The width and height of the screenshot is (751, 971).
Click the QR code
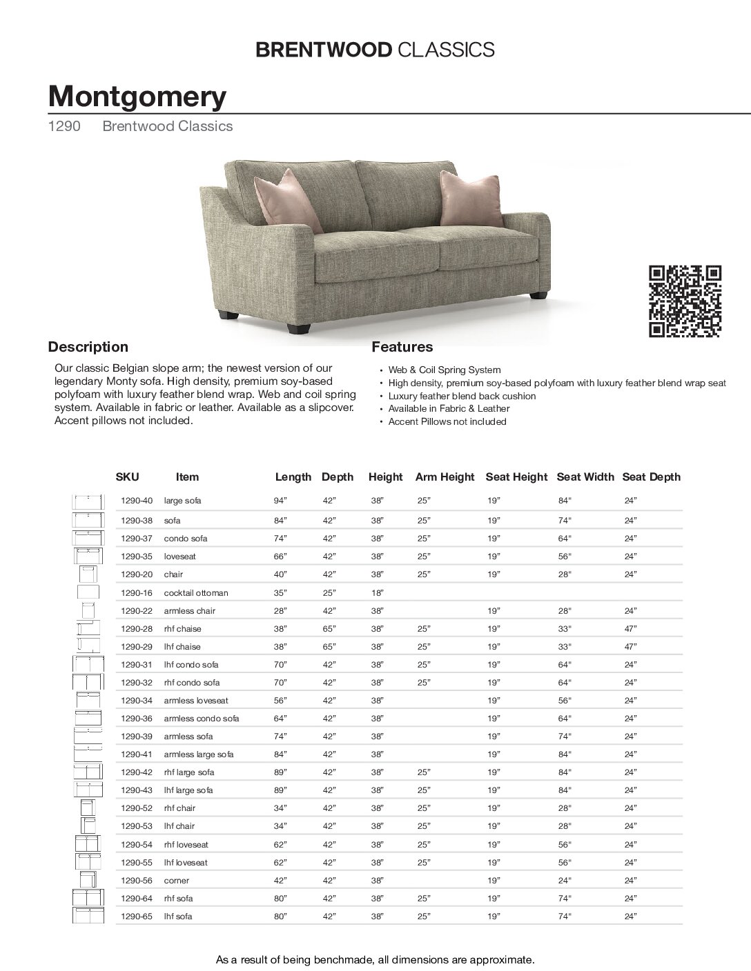685,301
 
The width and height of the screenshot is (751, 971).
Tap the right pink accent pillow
469,198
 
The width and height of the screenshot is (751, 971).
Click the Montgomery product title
137,97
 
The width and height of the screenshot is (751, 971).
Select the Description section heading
88,347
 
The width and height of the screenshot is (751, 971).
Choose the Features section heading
402,347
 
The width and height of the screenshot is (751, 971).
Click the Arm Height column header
445,477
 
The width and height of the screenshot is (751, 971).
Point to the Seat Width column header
585,477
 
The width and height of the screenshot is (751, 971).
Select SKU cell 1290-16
136,592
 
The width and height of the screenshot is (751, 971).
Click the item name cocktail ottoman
195,592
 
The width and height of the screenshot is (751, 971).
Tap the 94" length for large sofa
280,500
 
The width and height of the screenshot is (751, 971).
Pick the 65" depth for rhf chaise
329,628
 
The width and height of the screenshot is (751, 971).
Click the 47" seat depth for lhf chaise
630,646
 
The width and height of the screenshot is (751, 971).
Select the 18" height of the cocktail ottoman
377,592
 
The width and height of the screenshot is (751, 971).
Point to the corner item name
176,880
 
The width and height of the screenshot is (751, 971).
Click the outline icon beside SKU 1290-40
88,501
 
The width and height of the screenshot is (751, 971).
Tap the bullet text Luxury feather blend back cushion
462,396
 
